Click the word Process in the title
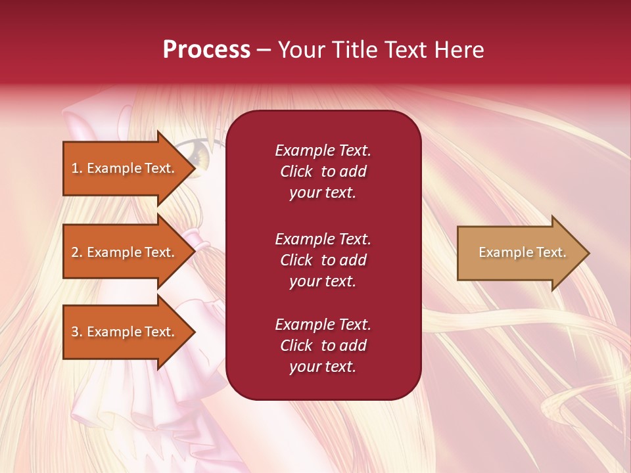[206, 50]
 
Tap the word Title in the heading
[354, 50]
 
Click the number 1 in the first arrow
[74, 168]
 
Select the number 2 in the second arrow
[74, 252]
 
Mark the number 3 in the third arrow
[74, 332]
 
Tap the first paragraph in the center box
[323, 171]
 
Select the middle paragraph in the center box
[323, 260]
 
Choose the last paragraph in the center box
[323, 346]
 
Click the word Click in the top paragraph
[296, 171]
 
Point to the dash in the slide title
[264, 51]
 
